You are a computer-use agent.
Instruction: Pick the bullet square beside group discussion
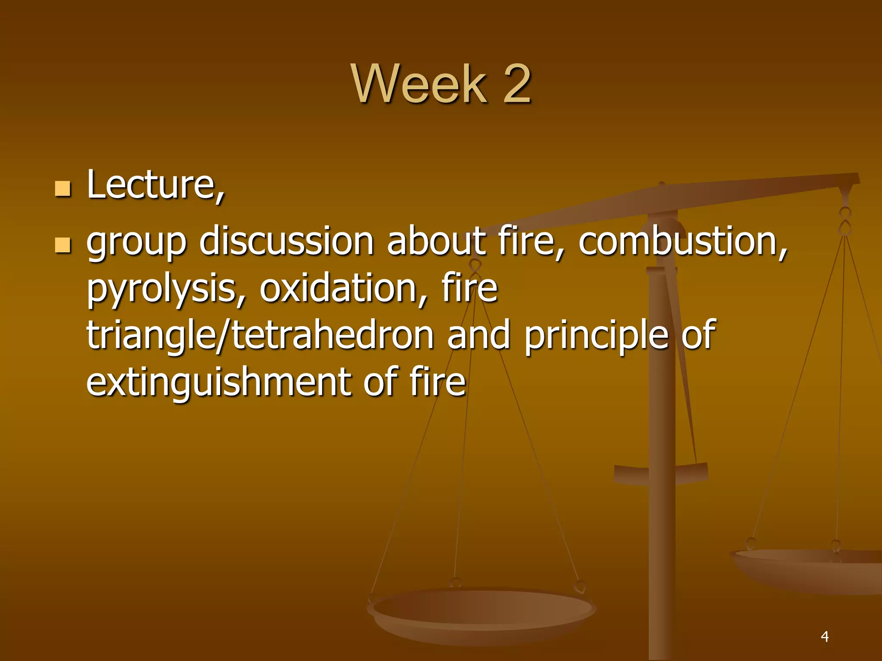[x=63, y=245]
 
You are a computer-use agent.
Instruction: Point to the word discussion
[x=286, y=241]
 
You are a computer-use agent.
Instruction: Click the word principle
[x=596, y=336]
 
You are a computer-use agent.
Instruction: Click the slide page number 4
[x=825, y=636]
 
